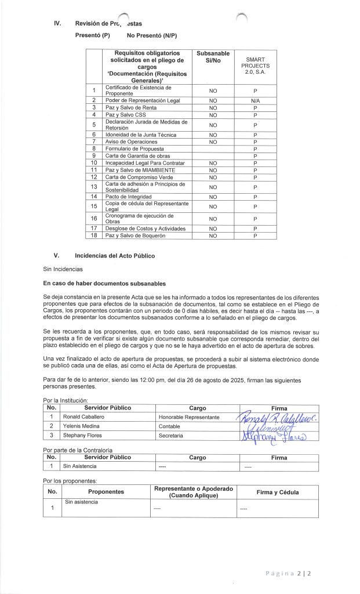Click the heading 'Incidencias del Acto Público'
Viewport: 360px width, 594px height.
(x=115, y=255)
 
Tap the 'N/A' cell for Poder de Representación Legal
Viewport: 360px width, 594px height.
(x=254, y=100)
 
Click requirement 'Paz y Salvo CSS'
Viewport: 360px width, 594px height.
(x=125, y=115)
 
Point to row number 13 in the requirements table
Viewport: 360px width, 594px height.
(x=94, y=187)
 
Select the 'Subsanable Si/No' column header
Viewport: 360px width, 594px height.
(x=213, y=57)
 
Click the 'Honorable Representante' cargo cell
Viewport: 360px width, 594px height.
(x=188, y=416)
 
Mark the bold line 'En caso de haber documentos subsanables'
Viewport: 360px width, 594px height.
(x=104, y=284)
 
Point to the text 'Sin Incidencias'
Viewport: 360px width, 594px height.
(x=63, y=269)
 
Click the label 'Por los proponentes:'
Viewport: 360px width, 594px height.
(x=70, y=480)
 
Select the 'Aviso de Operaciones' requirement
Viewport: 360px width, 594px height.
(x=131, y=142)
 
